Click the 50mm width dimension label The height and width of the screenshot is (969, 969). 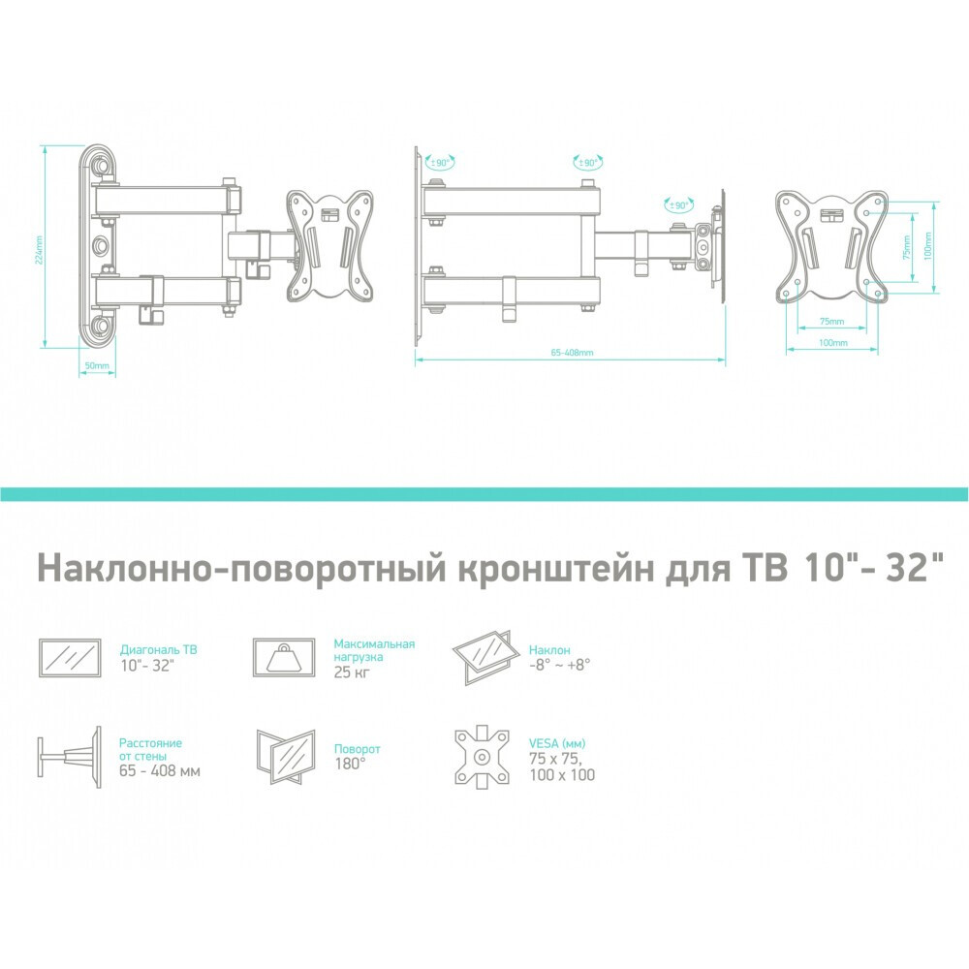pos(97,366)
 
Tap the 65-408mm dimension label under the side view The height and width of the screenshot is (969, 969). pos(571,353)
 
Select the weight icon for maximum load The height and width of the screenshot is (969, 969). pos(283,658)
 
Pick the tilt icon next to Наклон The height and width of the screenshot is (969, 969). pos(487,655)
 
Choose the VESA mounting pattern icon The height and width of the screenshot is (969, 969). pos(482,758)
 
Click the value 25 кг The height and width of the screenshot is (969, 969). pos(351,672)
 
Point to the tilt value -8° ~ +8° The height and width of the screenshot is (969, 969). pos(560,665)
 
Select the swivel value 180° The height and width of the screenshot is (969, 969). pos(350,764)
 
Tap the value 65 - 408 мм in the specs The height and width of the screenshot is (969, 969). pos(160,771)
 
